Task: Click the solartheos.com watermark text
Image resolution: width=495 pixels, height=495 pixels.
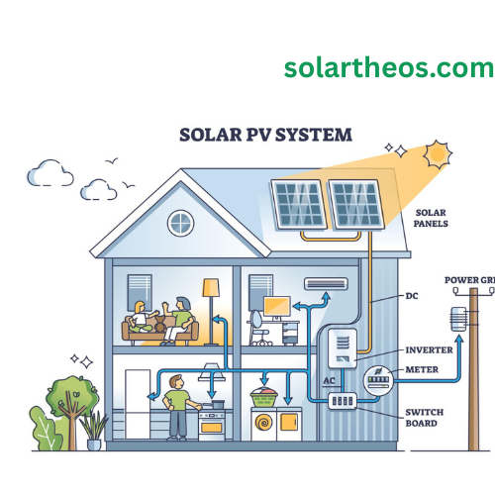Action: click(388, 67)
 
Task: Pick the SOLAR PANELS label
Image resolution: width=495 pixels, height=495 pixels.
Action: click(431, 219)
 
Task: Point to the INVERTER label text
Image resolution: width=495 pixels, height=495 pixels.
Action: click(429, 349)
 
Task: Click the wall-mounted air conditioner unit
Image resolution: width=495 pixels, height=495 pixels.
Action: click(326, 284)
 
